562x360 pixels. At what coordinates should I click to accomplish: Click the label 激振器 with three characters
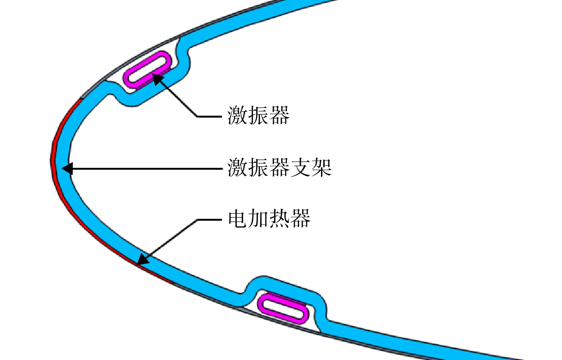259,116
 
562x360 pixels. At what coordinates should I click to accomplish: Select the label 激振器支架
279,168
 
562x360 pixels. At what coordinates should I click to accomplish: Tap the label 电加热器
269,218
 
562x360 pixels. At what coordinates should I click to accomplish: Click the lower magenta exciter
283,308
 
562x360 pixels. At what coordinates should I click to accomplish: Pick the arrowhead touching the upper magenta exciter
157,79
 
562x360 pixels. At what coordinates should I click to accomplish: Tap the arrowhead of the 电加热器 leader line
143,260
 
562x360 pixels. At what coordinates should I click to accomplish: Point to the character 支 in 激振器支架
300,168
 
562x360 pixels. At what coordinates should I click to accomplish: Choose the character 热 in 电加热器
279,218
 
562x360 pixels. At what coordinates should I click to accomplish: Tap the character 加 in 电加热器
259,218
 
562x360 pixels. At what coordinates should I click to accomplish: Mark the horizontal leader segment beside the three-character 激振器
209,116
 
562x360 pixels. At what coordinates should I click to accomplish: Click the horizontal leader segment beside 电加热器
209,220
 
